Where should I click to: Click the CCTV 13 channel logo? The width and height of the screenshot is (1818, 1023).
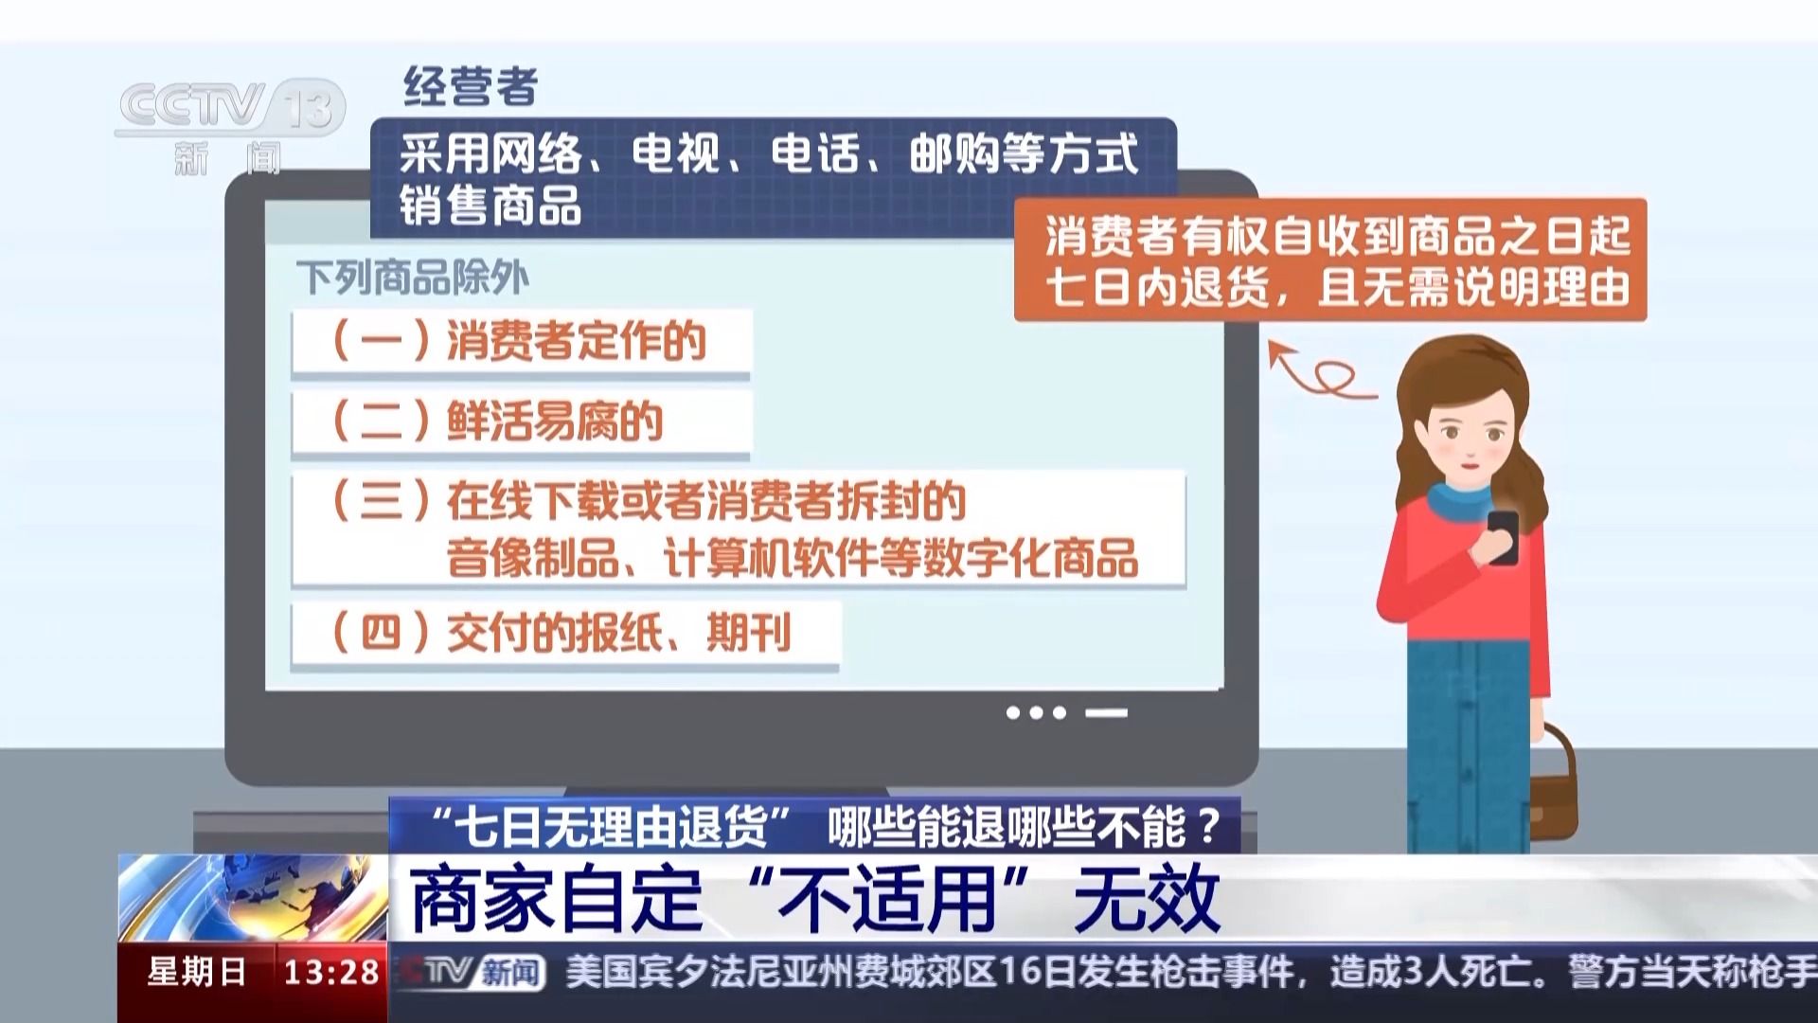230,127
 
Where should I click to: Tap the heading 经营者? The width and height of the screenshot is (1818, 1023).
471,87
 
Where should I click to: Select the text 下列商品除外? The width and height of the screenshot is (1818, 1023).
412,278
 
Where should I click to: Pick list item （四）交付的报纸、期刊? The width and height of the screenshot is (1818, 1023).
565,633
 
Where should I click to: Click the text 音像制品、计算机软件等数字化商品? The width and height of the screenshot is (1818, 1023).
793,558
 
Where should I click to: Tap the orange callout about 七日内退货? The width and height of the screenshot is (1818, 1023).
1330,260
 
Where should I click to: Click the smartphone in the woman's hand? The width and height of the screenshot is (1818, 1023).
1502,537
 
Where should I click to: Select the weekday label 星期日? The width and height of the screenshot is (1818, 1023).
197,972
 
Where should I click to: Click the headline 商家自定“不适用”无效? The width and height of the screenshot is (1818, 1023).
815,898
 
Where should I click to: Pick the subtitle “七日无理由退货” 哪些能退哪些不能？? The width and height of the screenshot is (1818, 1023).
823,827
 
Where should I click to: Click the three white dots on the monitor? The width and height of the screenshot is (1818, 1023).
1036,712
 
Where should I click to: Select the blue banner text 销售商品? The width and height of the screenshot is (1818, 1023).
490,206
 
